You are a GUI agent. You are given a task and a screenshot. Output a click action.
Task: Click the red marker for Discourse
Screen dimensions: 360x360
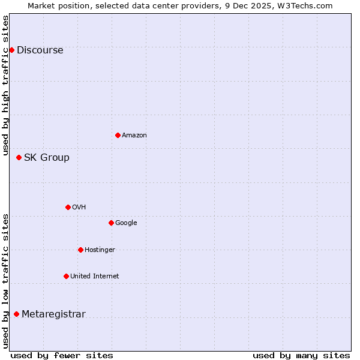[11, 50]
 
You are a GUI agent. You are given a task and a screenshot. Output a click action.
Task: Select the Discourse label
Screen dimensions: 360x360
[40, 50]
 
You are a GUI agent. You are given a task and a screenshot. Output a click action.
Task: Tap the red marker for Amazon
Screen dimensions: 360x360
[118, 135]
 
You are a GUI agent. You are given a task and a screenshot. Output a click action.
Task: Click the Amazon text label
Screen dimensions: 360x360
[134, 136]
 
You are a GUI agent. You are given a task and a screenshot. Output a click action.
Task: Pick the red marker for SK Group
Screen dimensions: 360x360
[19, 157]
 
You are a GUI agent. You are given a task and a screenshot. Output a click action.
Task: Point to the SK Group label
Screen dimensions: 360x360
[47, 158]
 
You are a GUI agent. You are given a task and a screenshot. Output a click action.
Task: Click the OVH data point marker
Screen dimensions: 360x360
[68, 207]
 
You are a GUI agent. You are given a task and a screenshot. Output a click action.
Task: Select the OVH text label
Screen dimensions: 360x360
[79, 208]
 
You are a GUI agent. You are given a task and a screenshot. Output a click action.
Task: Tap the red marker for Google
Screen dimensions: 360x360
[111, 223]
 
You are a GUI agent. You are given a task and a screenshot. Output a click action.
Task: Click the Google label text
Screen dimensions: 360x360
[126, 223]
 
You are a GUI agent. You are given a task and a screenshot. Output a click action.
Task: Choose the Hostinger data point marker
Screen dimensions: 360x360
[80, 250]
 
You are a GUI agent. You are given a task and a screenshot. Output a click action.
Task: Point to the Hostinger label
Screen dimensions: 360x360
[100, 250]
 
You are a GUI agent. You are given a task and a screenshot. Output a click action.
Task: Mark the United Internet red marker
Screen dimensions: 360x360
[66, 276]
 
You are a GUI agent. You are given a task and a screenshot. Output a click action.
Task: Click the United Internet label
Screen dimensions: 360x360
[95, 277]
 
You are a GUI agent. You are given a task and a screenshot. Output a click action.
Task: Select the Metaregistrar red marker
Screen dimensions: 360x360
[16, 314]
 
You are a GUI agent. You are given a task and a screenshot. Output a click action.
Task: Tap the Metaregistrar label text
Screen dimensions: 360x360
[54, 314]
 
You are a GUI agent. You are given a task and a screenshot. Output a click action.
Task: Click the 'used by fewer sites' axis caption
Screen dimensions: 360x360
[62, 355]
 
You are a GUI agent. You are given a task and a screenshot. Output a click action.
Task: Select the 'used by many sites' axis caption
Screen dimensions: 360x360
[301, 355]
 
